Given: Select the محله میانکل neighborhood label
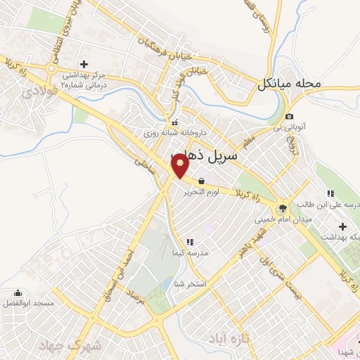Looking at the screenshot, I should click(x=290, y=84).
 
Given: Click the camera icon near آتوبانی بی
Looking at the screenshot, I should click(x=290, y=116).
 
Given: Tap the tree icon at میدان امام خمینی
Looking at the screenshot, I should click(x=283, y=208).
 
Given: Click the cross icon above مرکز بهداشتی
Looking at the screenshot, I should click(x=84, y=63).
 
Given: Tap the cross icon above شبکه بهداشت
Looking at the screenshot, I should click(x=342, y=226).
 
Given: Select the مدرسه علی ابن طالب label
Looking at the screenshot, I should click(x=327, y=205).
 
